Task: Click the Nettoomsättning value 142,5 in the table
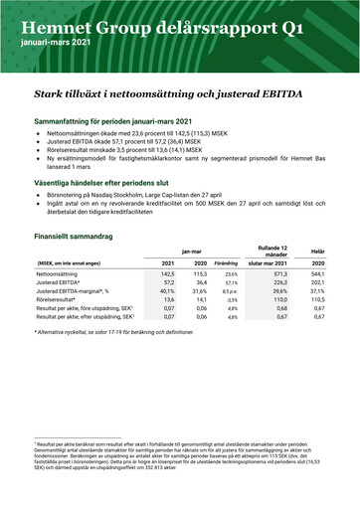[168, 272]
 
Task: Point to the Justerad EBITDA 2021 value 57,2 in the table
[169, 281]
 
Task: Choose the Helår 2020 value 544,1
[318, 272]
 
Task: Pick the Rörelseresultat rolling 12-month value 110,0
[271, 299]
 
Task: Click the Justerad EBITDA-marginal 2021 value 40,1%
[168, 290]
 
